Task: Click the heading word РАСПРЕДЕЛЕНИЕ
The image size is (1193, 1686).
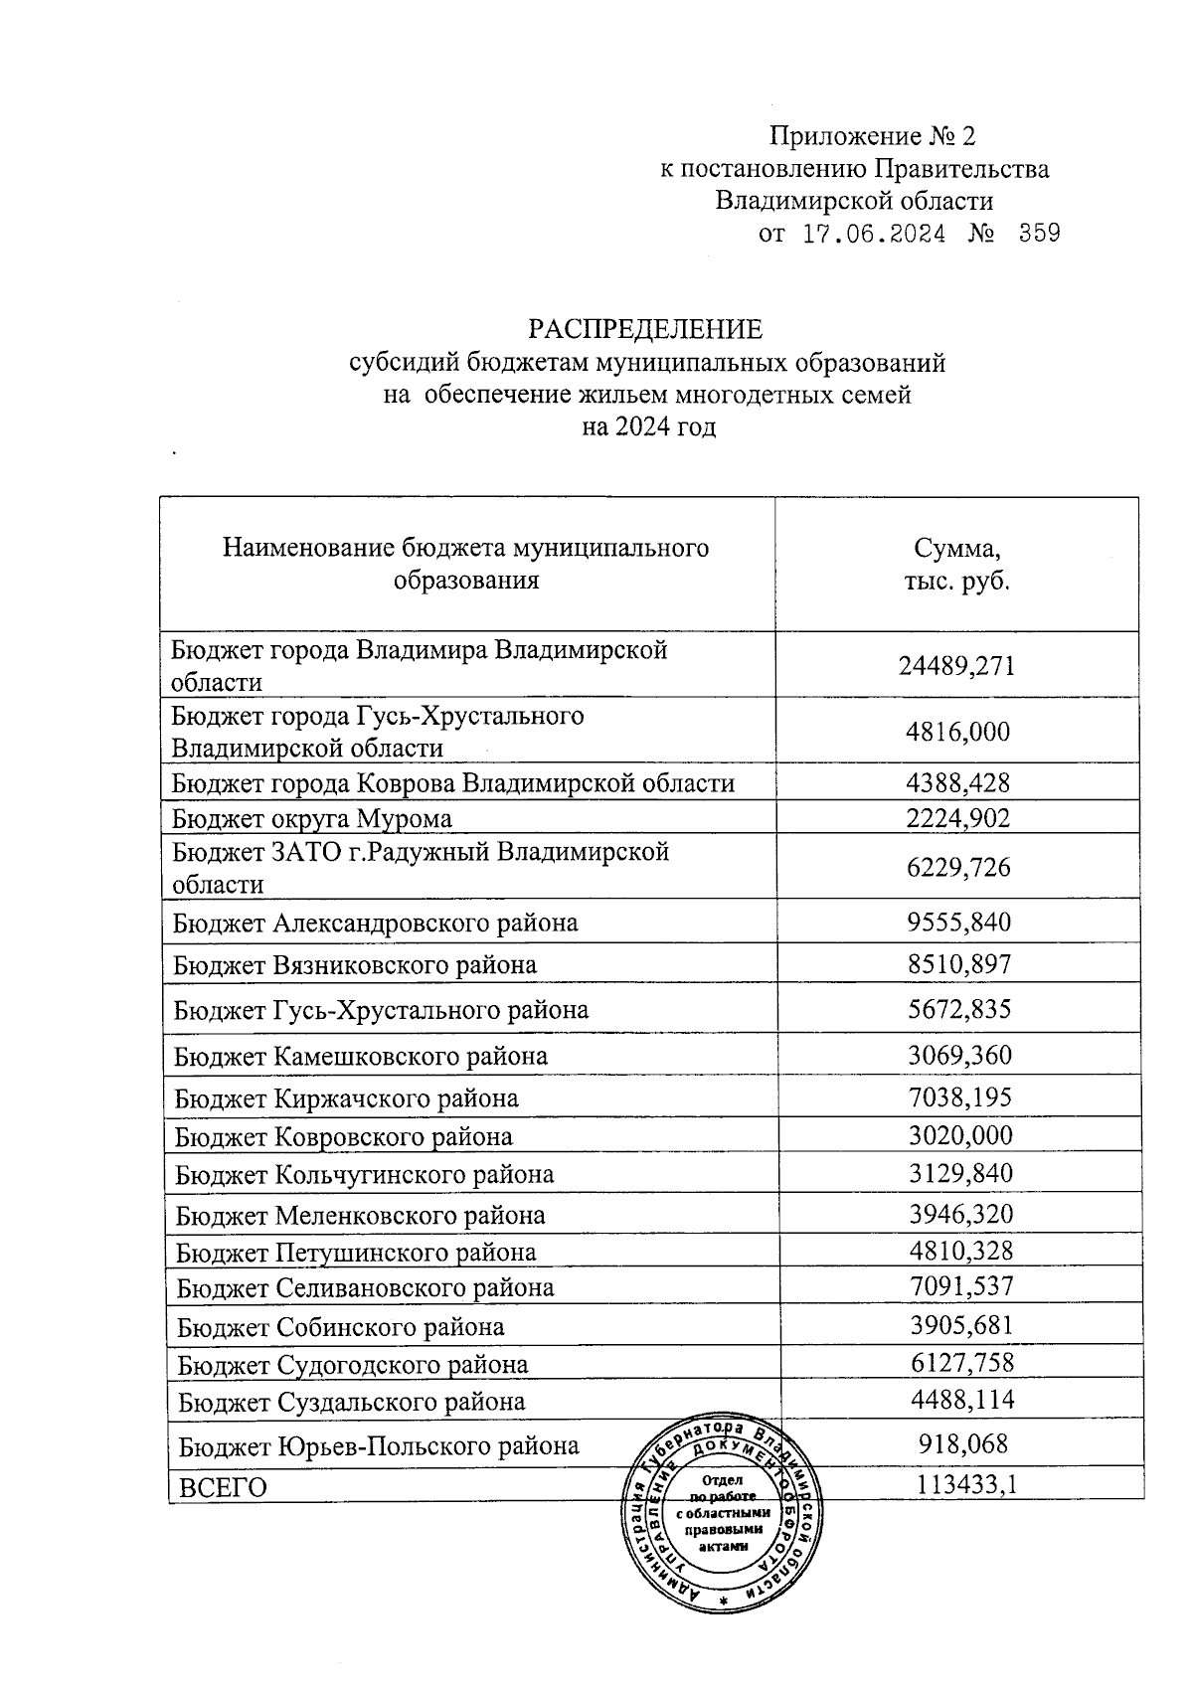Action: click(644, 329)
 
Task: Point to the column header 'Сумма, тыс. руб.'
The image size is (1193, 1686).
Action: click(956, 565)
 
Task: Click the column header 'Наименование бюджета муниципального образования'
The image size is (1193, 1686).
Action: click(466, 564)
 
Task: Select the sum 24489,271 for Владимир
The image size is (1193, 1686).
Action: click(956, 665)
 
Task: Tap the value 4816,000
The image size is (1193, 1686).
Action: click(957, 733)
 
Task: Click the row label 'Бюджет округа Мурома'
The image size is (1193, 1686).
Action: click(312, 819)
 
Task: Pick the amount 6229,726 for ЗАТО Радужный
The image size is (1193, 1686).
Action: click(957, 868)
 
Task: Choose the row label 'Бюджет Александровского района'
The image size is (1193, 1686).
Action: click(376, 924)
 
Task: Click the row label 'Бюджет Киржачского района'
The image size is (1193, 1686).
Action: click(347, 1099)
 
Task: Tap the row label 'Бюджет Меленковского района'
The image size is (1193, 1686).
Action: click(361, 1216)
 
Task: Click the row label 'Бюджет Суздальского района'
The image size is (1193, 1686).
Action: click(352, 1403)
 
